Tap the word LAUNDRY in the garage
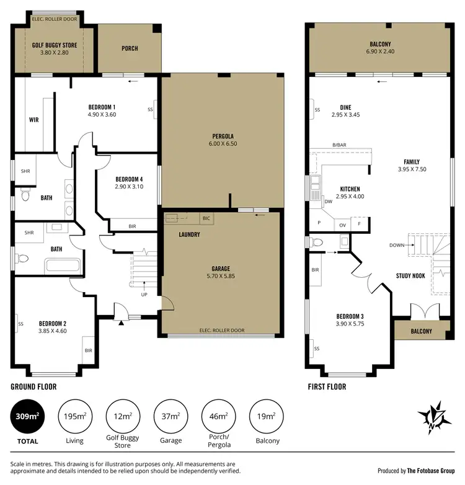click(x=188, y=235)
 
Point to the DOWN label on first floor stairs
click(x=397, y=245)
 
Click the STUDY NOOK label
click(x=410, y=275)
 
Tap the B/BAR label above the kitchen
click(x=339, y=145)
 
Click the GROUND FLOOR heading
click(x=33, y=386)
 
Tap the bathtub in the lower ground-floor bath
click(x=63, y=267)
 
